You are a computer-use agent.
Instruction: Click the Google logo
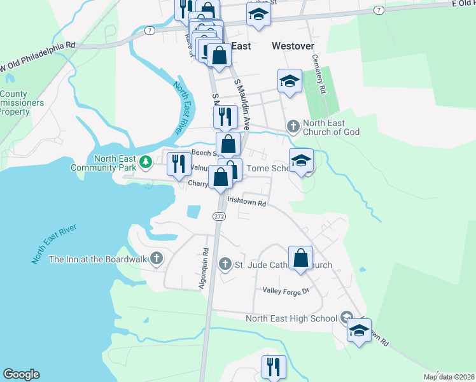(x=22, y=374)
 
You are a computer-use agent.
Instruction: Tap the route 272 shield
(x=219, y=216)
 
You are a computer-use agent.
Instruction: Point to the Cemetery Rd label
(x=318, y=73)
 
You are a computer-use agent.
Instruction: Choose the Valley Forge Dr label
(x=285, y=291)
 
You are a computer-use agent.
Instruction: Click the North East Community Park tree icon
(x=146, y=162)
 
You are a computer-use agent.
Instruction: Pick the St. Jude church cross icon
(x=225, y=264)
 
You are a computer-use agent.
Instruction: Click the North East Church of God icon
(x=293, y=126)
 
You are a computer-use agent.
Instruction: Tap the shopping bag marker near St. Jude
(x=300, y=258)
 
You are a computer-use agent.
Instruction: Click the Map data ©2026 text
(x=449, y=377)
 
